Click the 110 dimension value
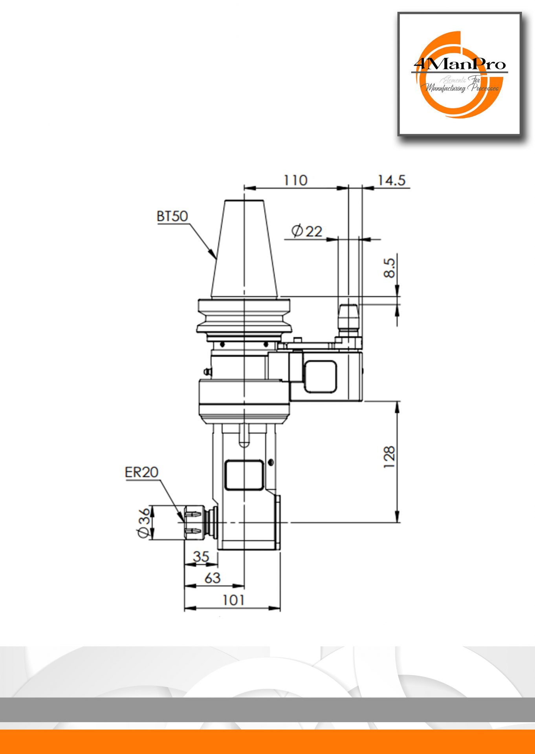click(x=295, y=180)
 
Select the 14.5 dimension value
click(x=391, y=180)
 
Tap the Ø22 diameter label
click(x=307, y=231)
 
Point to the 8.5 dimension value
click(x=389, y=268)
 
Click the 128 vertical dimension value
click(x=389, y=457)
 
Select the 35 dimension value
click(x=201, y=556)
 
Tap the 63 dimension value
click(x=213, y=578)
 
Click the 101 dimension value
click(x=233, y=600)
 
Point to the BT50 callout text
click(x=172, y=216)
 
